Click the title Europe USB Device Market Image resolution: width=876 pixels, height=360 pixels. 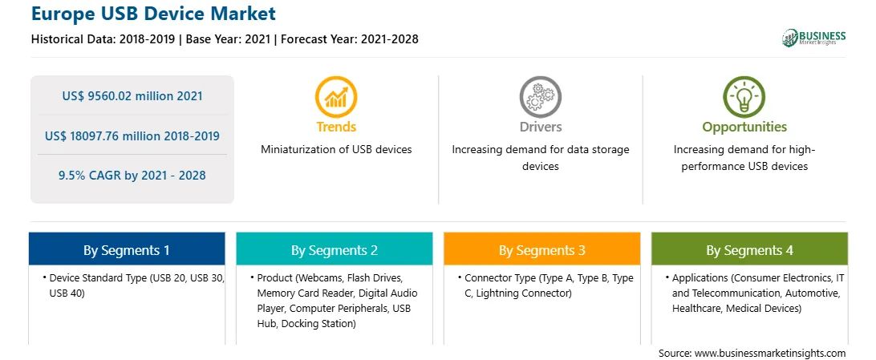(152, 14)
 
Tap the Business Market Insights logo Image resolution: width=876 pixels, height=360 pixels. (813, 38)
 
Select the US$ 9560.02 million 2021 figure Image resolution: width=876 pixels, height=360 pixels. (132, 96)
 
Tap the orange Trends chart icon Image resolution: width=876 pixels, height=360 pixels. (336, 96)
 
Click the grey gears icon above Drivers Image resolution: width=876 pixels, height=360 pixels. (540, 96)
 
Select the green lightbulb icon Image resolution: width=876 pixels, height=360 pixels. (744, 96)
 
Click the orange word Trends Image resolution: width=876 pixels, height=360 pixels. (336, 127)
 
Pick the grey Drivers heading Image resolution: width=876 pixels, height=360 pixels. (540, 127)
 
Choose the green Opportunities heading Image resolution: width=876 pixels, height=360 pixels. (744, 127)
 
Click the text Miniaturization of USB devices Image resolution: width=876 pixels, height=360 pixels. (336, 150)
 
